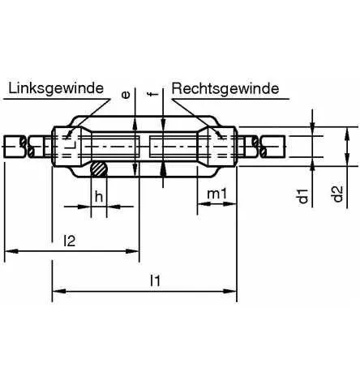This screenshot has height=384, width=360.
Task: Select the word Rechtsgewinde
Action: point(225,87)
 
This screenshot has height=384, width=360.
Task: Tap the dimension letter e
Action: point(126,95)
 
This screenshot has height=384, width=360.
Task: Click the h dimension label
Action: point(97,195)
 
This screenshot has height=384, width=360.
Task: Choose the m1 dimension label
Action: point(216,195)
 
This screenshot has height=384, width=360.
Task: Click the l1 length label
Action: point(155,280)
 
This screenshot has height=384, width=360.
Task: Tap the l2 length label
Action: point(71,241)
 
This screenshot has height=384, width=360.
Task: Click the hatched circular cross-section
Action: point(98,169)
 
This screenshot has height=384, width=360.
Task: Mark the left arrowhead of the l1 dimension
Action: point(58,291)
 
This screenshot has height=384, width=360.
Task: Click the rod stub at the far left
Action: point(12,147)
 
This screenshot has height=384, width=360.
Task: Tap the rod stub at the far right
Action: point(276,147)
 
